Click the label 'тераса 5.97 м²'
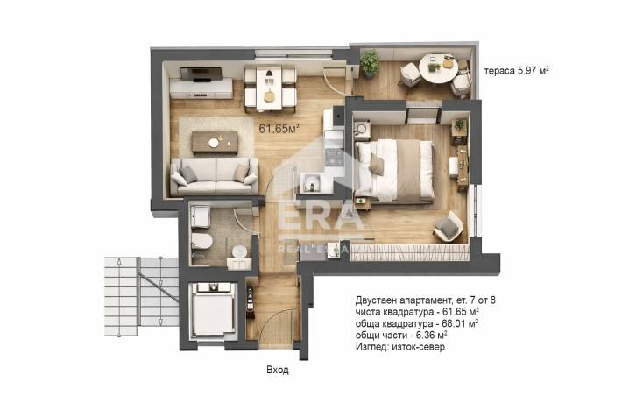(x=517, y=70)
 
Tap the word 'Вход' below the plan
(x=278, y=370)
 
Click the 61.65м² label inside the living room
(x=279, y=129)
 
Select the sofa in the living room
(x=215, y=176)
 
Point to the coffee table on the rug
(x=215, y=142)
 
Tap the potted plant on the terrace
(x=370, y=64)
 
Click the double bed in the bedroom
(x=393, y=171)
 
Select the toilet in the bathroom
(x=201, y=241)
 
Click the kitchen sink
(x=312, y=182)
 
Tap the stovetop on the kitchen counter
(x=334, y=157)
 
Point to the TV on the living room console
(x=201, y=74)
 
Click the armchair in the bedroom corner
(x=449, y=226)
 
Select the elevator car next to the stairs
(x=213, y=311)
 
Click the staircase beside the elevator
(x=141, y=296)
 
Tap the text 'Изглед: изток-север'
(x=399, y=347)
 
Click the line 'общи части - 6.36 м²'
(x=401, y=335)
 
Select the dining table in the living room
(x=270, y=88)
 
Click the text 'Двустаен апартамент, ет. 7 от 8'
(x=425, y=300)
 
